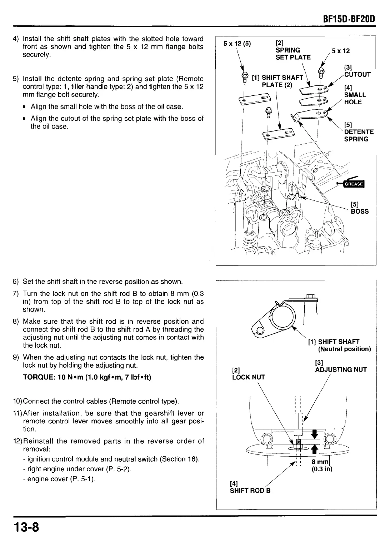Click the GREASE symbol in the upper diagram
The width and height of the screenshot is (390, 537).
(352, 184)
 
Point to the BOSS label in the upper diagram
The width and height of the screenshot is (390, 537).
(359, 211)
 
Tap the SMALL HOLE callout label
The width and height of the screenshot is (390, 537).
(355, 98)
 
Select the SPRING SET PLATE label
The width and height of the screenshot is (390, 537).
(293, 54)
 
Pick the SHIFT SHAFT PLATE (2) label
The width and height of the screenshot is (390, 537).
(277, 81)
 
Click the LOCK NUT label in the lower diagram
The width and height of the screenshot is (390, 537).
(248, 377)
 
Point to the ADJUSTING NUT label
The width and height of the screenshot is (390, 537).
(341, 370)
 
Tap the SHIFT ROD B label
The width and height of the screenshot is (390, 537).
(250, 491)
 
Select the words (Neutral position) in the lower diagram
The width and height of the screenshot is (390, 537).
(344, 349)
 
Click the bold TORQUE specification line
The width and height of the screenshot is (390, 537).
(87, 377)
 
